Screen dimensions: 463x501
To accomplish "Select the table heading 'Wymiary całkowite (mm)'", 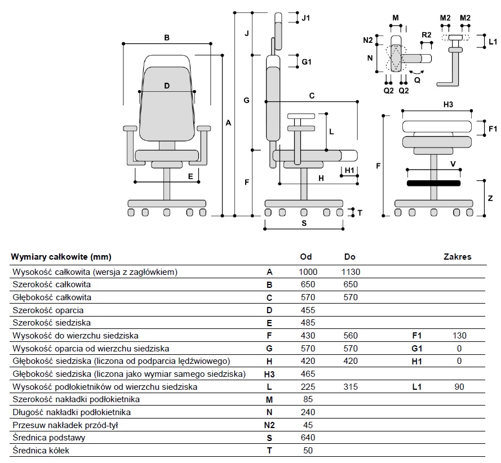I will coord(61,257).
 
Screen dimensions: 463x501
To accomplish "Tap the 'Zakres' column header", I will coord(457,257).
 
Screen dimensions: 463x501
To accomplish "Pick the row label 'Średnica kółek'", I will coord(41,450).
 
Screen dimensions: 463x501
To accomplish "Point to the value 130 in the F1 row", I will coord(459,336).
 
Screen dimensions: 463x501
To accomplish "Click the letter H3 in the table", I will coord(269,374).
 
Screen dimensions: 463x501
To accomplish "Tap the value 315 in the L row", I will coord(350,386).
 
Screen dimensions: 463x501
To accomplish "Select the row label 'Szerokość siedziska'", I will coord(51,323).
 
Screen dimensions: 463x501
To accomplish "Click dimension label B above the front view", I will coord(167,38).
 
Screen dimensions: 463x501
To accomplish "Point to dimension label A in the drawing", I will coord(228,122).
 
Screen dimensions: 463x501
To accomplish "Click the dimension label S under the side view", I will coord(304,222).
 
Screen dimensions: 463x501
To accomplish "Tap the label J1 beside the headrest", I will coord(305,18).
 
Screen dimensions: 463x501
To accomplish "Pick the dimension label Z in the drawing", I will coord(490,198).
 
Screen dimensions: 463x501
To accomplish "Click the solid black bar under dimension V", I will coord(433,183).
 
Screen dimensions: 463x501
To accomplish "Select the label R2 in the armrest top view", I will coord(426,35).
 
